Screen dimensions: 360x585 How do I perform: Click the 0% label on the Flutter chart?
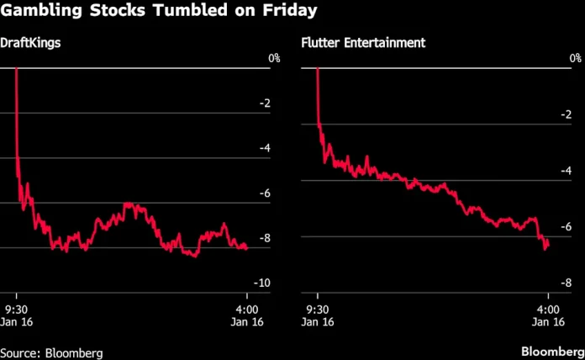tap(575, 58)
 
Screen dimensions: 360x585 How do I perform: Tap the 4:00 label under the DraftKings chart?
tap(246, 307)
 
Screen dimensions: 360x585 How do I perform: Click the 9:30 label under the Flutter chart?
tap(318, 307)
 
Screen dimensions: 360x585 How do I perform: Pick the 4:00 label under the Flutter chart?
tap(548, 307)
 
